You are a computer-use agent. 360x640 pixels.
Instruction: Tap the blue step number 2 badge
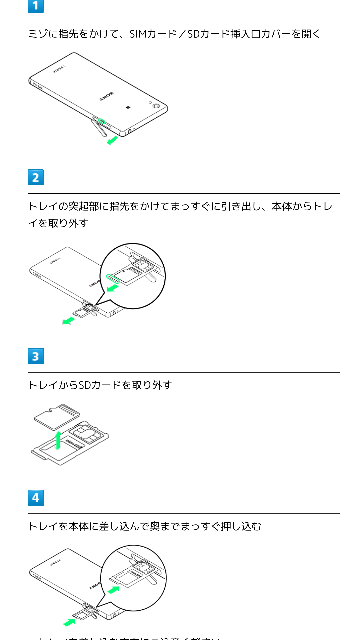(x=36, y=178)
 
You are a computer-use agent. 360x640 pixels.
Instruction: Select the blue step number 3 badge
(x=36, y=356)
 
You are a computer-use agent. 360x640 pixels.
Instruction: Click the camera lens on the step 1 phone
(x=155, y=101)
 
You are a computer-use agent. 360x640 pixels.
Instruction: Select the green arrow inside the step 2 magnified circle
(x=126, y=285)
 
